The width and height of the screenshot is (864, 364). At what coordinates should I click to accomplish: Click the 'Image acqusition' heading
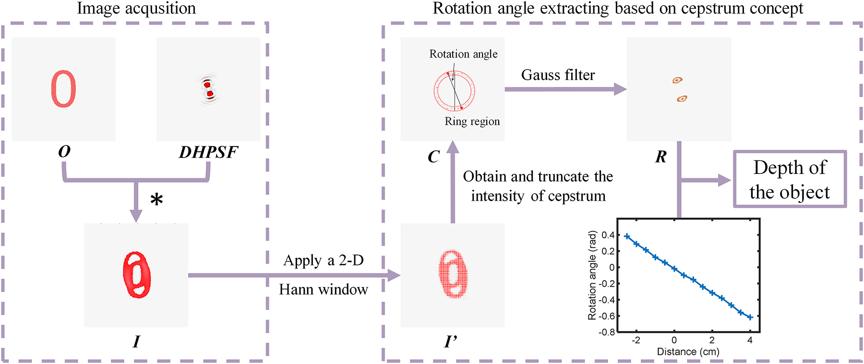pyautogui.click(x=136, y=9)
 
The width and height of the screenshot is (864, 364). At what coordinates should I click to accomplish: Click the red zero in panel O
pyautogui.click(x=63, y=89)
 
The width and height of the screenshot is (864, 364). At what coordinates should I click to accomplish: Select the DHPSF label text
pyautogui.click(x=208, y=152)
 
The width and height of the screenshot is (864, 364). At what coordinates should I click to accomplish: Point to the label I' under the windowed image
pyautogui.click(x=451, y=341)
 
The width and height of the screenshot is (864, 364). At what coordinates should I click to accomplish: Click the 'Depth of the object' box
pyautogui.click(x=790, y=180)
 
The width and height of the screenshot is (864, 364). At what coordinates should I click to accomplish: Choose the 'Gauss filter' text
pyautogui.click(x=558, y=75)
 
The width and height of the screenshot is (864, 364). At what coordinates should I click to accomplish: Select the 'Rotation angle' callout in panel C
pyautogui.click(x=463, y=54)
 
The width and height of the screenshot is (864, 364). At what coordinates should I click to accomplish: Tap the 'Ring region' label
pyautogui.click(x=472, y=121)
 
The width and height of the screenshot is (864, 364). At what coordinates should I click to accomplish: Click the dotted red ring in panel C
pyautogui.click(x=454, y=90)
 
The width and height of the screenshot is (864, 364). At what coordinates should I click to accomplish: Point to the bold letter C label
pyautogui.click(x=433, y=157)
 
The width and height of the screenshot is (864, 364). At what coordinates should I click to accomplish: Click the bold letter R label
pyautogui.click(x=661, y=157)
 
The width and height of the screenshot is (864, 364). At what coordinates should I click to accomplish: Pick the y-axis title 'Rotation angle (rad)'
pyautogui.click(x=592, y=275)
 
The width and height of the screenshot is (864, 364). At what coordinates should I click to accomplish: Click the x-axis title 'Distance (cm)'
pyautogui.click(x=688, y=352)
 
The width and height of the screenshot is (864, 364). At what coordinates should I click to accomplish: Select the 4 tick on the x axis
pyautogui.click(x=750, y=340)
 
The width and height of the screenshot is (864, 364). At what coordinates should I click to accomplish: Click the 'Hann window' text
pyautogui.click(x=324, y=290)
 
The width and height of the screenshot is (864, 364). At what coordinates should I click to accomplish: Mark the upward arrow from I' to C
pyautogui.click(x=452, y=182)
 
